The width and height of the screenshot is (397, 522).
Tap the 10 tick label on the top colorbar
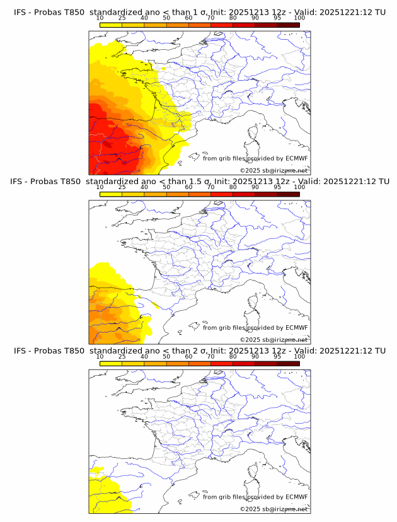coord(100,18)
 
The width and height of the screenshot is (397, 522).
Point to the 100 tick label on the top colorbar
coord(299,18)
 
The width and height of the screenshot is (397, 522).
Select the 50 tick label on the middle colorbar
coord(166,187)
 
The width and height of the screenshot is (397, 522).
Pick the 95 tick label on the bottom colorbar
coord(277,357)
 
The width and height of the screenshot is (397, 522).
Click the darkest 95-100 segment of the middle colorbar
coord(288,194)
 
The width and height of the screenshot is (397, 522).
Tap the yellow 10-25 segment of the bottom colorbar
coord(111,363)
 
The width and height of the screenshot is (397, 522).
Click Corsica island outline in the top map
coord(254,134)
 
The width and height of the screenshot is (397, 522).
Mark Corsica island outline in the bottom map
coord(254,473)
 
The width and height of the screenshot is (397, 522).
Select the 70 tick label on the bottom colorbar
coord(210,357)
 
